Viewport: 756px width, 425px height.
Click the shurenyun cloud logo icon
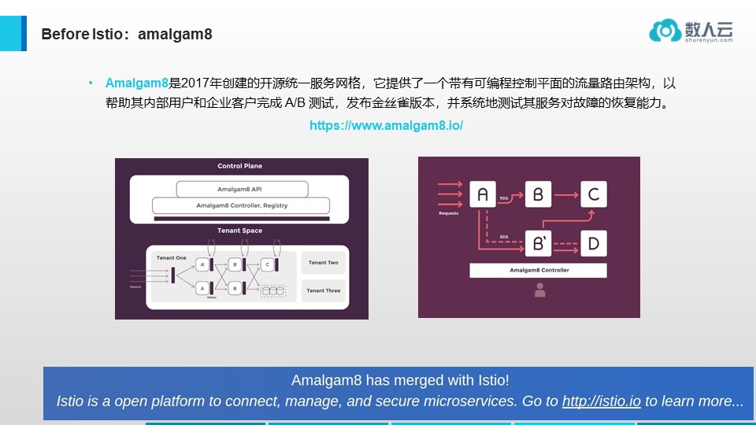pyautogui.click(x=665, y=31)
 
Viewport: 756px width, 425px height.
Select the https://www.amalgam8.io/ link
pyautogui.click(x=386, y=126)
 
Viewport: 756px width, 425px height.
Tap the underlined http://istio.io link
pyautogui.click(x=602, y=401)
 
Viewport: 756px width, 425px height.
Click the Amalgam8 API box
pyautogui.click(x=241, y=190)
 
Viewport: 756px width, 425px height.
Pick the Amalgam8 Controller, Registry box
pyautogui.click(x=241, y=205)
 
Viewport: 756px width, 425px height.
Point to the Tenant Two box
pyautogui.click(x=323, y=263)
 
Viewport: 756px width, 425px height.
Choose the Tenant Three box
pyautogui.click(x=323, y=290)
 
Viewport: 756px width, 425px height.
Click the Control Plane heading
pyautogui.click(x=240, y=166)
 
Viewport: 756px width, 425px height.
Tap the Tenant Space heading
pyautogui.click(x=240, y=231)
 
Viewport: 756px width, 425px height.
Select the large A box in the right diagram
pyautogui.click(x=483, y=194)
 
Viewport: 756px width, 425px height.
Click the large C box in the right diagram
pyautogui.click(x=594, y=194)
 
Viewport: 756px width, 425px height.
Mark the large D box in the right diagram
pyautogui.click(x=594, y=244)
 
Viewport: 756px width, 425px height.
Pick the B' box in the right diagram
pyautogui.click(x=539, y=244)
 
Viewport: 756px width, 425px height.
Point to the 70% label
pyautogui.click(x=504, y=198)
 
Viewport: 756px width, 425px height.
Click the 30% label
pyautogui.click(x=504, y=236)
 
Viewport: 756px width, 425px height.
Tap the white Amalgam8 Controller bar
pyautogui.click(x=539, y=270)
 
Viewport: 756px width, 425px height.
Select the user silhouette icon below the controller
pyautogui.click(x=539, y=290)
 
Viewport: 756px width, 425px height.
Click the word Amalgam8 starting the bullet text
pyautogui.click(x=137, y=83)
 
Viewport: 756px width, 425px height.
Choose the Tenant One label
pyautogui.click(x=171, y=257)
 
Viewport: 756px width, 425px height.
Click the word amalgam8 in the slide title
pyautogui.click(x=175, y=35)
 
